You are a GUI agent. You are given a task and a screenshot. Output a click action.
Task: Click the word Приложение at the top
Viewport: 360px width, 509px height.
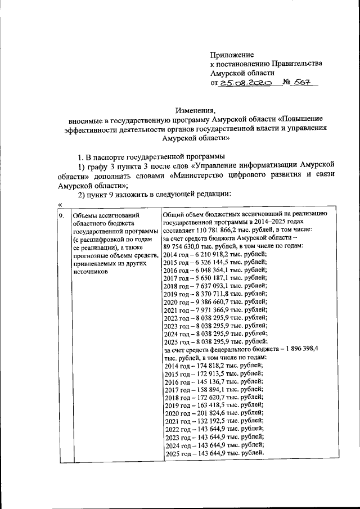pyautogui.click(x=232, y=55)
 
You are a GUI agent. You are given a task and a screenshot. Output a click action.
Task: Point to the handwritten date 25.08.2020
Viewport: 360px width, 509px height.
pyautogui.click(x=246, y=82)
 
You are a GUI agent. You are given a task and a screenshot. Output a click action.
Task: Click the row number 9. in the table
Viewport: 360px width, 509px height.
pyautogui.click(x=61, y=215)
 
